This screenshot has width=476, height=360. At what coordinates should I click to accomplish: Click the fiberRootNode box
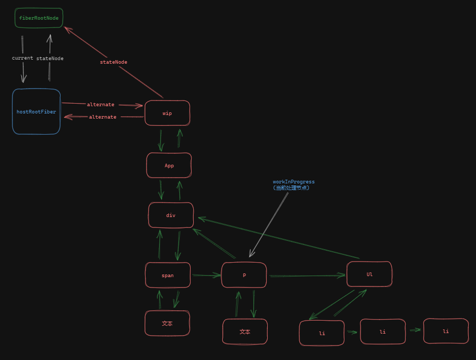pyautogui.click(x=39, y=18)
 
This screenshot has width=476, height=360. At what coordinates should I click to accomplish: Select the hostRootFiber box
pyautogui.click(x=36, y=111)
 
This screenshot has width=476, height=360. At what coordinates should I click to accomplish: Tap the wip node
pyautogui.click(x=167, y=113)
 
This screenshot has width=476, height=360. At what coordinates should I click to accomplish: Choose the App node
pyautogui.click(x=169, y=165)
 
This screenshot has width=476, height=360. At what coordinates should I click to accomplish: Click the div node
pyautogui.click(x=171, y=215)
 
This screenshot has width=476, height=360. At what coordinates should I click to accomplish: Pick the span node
pyautogui.click(x=168, y=275)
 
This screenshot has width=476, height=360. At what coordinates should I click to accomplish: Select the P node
pyautogui.click(x=244, y=275)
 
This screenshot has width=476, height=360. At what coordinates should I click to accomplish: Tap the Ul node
pyautogui.click(x=369, y=274)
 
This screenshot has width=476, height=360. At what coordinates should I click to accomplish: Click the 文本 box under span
pyautogui.click(x=167, y=323)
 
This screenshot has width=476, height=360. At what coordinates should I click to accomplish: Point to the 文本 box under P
pyautogui.click(x=245, y=332)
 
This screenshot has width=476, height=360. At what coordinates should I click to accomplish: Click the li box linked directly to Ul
pyautogui.click(x=322, y=333)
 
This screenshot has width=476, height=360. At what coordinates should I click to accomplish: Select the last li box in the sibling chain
pyautogui.click(x=446, y=331)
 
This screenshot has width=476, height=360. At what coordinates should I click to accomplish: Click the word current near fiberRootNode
pyautogui.click(x=22, y=58)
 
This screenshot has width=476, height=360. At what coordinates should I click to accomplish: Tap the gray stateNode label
pyautogui.click(x=50, y=59)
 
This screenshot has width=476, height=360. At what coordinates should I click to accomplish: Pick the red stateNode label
pyautogui.click(x=113, y=62)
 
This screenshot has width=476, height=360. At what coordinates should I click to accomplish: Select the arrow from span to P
pyautogui.click(x=206, y=276)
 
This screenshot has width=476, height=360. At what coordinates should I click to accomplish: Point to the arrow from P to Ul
pyautogui.click(x=307, y=276)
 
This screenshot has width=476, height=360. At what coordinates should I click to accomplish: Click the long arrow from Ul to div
pyautogui.click(x=280, y=238)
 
